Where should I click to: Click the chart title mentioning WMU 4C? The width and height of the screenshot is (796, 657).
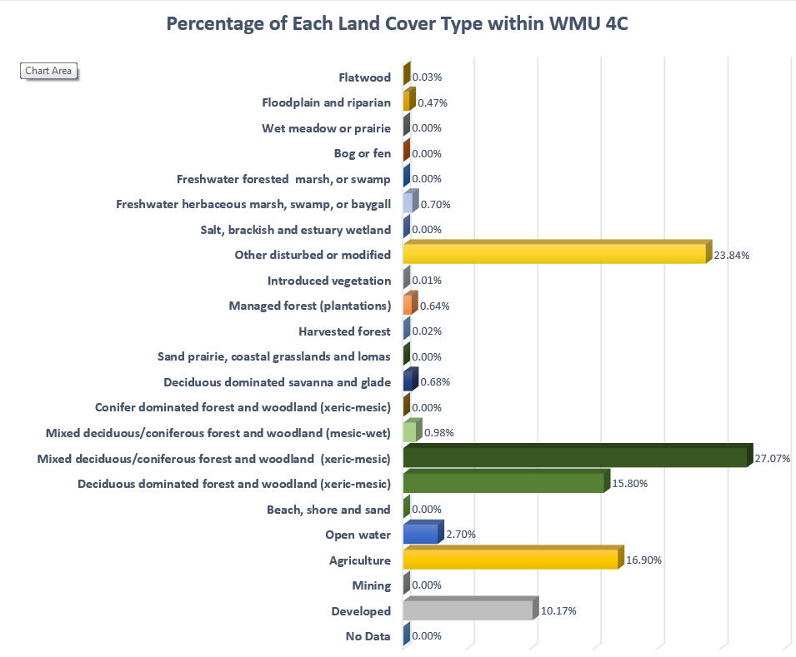[x=397, y=23]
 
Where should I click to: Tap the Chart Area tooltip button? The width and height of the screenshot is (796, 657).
[x=48, y=71]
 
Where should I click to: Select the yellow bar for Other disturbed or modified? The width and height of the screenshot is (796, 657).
[x=554, y=253]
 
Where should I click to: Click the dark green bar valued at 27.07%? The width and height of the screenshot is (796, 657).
[x=575, y=457]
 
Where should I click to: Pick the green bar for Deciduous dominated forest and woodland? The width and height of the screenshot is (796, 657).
[x=503, y=483]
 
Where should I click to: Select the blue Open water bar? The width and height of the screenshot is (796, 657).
[x=420, y=534]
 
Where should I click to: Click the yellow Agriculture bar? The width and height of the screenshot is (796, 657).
[x=510, y=560]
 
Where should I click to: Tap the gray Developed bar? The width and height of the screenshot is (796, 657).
[x=468, y=610]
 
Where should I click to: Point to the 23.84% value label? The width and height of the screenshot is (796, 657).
[x=732, y=256]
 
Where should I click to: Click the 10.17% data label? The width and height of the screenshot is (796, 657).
[x=558, y=611]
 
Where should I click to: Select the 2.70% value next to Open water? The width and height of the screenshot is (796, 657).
[x=459, y=535]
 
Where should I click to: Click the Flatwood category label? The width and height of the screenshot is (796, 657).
[x=364, y=77]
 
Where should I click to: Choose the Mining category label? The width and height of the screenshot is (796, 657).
[x=371, y=585]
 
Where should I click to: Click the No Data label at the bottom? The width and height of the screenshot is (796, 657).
[x=368, y=636]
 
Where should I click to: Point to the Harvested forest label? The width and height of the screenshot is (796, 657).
[x=344, y=331]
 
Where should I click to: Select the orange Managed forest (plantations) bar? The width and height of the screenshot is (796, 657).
[x=408, y=306]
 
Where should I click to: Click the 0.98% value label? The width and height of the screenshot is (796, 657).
[x=438, y=433]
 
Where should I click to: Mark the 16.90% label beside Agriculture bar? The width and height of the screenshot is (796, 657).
[x=644, y=560]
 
